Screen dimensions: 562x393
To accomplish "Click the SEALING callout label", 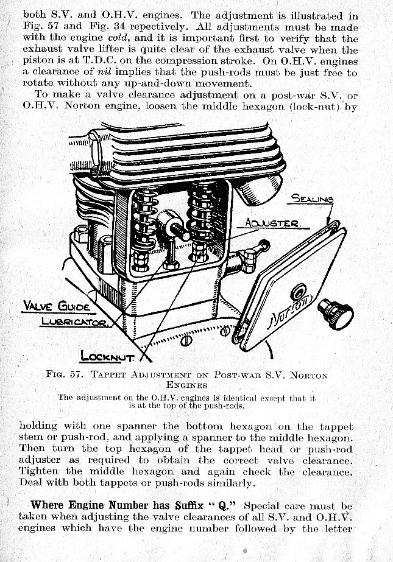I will pyautogui.click(x=313, y=198).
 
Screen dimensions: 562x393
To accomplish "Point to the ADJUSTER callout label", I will pyautogui.click(x=272, y=223).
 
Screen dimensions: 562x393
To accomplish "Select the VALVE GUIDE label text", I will pyautogui.click(x=57, y=306).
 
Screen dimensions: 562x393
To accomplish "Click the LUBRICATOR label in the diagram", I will pyautogui.click(x=74, y=321).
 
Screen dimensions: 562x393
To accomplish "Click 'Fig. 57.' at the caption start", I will pyautogui.click(x=63, y=374).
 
